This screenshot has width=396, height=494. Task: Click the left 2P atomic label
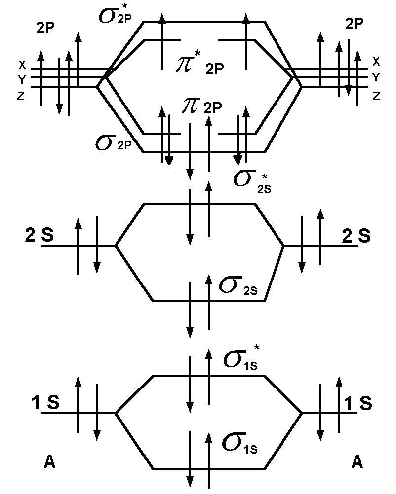pos(46,28)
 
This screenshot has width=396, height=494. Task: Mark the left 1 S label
pos(46,403)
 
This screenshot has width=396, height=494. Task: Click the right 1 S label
pos(357,403)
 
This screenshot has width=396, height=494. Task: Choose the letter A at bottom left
pos(49,461)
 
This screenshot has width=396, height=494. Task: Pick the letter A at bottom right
pos(357,461)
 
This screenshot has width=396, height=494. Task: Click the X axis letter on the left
pos(21,65)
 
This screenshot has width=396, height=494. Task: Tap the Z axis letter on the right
pos(376,96)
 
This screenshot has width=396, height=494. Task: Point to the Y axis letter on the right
pos(376,77)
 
